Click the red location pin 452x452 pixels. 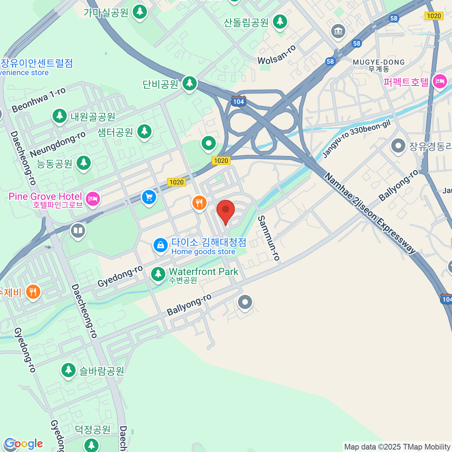click(x=226, y=210)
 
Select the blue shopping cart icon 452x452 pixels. click(x=149, y=197)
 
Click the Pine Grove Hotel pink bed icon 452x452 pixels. click(x=93, y=199)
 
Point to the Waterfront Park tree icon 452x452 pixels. click(x=158, y=274)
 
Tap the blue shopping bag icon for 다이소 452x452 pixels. click(x=160, y=246)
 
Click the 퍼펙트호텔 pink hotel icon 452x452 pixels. click(x=440, y=81)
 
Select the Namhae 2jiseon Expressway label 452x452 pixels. click(x=370, y=214)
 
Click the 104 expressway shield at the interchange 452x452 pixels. click(x=238, y=101)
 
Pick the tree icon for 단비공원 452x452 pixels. click(x=189, y=83)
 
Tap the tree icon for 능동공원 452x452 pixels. click(x=84, y=163)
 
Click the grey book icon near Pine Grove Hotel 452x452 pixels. click(x=78, y=231)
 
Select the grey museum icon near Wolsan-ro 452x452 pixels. click(x=338, y=31)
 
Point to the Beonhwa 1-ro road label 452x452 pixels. click(x=38, y=100)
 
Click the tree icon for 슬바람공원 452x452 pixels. click(x=68, y=370)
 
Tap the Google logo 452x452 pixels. click(x=23, y=444)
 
